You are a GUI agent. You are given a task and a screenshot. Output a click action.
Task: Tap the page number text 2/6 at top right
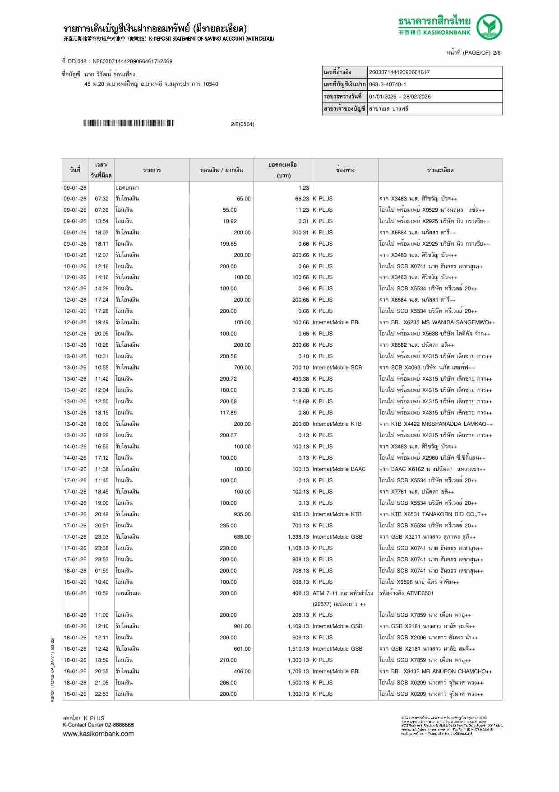496,53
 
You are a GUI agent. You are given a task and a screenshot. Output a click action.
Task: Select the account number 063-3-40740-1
387,84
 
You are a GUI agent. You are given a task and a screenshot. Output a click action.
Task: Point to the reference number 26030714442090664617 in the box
399,72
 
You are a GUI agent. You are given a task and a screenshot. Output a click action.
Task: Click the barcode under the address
129,123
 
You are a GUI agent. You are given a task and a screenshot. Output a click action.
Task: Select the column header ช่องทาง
345,170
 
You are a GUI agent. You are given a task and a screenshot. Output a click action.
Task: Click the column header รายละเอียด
440,170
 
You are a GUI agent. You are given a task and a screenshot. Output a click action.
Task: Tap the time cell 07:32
102,199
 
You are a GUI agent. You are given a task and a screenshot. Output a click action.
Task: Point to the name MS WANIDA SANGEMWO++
452,322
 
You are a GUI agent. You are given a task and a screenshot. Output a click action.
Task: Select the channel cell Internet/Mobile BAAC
339,469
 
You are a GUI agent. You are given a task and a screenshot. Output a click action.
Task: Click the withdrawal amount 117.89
228,413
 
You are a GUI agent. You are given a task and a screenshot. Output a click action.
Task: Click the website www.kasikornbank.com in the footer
98,734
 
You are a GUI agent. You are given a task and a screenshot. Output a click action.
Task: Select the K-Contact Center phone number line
98,725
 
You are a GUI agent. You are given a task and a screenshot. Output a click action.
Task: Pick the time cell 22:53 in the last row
102,694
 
